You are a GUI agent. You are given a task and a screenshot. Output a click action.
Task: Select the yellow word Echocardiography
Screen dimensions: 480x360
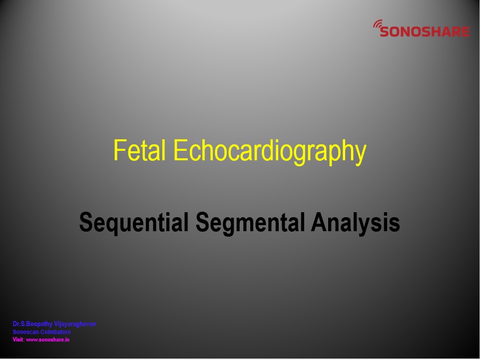click(x=270, y=152)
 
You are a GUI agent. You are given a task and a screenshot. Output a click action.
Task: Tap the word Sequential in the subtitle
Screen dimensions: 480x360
click(x=134, y=223)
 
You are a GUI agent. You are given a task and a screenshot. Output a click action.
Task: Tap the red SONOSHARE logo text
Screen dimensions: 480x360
click(x=425, y=31)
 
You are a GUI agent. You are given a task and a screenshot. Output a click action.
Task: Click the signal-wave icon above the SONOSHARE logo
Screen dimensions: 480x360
click(x=378, y=24)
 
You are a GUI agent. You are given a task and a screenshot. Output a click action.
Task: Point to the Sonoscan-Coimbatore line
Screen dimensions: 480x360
click(x=41, y=332)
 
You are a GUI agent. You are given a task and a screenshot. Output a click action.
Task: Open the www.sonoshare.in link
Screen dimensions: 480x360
click(x=48, y=340)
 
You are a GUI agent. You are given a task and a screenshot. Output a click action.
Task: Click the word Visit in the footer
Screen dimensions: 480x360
click(x=18, y=340)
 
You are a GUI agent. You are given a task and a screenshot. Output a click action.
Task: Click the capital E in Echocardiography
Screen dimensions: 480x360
click(x=181, y=150)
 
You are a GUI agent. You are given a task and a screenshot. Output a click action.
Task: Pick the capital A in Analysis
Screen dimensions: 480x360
click(x=319, y=222)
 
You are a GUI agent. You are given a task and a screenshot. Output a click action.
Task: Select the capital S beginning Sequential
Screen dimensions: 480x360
click(x=86, y=222)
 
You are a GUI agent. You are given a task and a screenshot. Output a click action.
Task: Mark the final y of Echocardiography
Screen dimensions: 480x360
click(x=361, y=155)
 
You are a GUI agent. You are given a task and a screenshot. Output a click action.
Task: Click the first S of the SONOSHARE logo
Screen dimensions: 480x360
click(x=385, y=31)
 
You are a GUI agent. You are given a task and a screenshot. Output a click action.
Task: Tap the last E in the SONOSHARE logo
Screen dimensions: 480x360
click(x=466, y=31)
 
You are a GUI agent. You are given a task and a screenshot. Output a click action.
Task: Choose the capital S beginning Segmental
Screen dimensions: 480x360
click(x=203, y=222)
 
